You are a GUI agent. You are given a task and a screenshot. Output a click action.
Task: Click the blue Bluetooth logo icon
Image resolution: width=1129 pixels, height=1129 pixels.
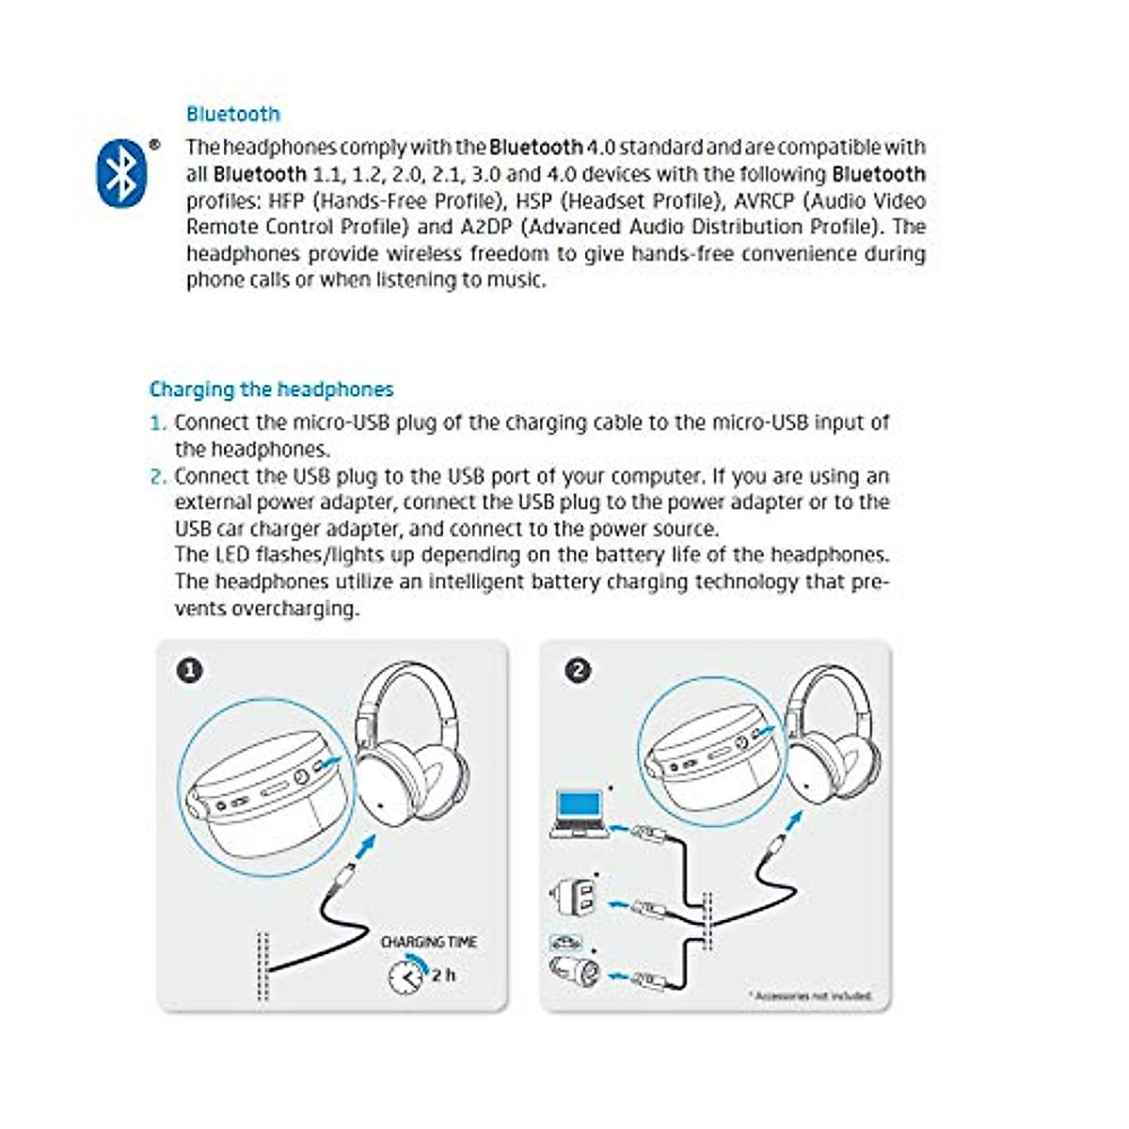coord(121,173)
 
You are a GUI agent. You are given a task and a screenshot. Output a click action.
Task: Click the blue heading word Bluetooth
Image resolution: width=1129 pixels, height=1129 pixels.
coord(232,114)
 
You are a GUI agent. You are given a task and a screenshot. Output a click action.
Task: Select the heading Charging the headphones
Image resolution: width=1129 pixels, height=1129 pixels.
coord(271,390)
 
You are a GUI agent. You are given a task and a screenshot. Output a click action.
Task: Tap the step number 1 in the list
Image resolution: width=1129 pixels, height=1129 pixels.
coord(156,423)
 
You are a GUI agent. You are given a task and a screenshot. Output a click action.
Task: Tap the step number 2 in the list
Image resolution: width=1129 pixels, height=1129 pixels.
coord(156,476)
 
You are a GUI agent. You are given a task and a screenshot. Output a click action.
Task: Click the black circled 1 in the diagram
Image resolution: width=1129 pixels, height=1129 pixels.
coord(190,671)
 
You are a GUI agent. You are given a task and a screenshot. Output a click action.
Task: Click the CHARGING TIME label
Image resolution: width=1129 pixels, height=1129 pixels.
coord(428,942)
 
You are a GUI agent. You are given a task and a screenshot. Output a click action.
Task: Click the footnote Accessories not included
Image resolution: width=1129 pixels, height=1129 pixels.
coord(810,995)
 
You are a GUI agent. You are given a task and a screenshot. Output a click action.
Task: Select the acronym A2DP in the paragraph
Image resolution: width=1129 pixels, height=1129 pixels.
coord(487,228)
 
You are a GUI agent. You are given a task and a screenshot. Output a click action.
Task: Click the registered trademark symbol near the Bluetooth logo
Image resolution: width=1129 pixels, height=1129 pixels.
coord(154,146)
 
